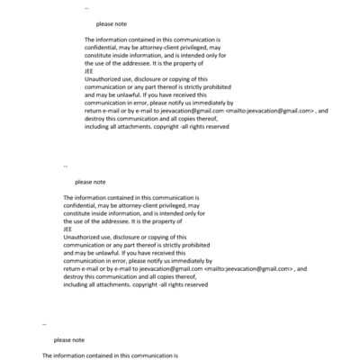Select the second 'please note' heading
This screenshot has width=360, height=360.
tap(90, 182)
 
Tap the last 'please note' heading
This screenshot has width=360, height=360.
tap(69, 340)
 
